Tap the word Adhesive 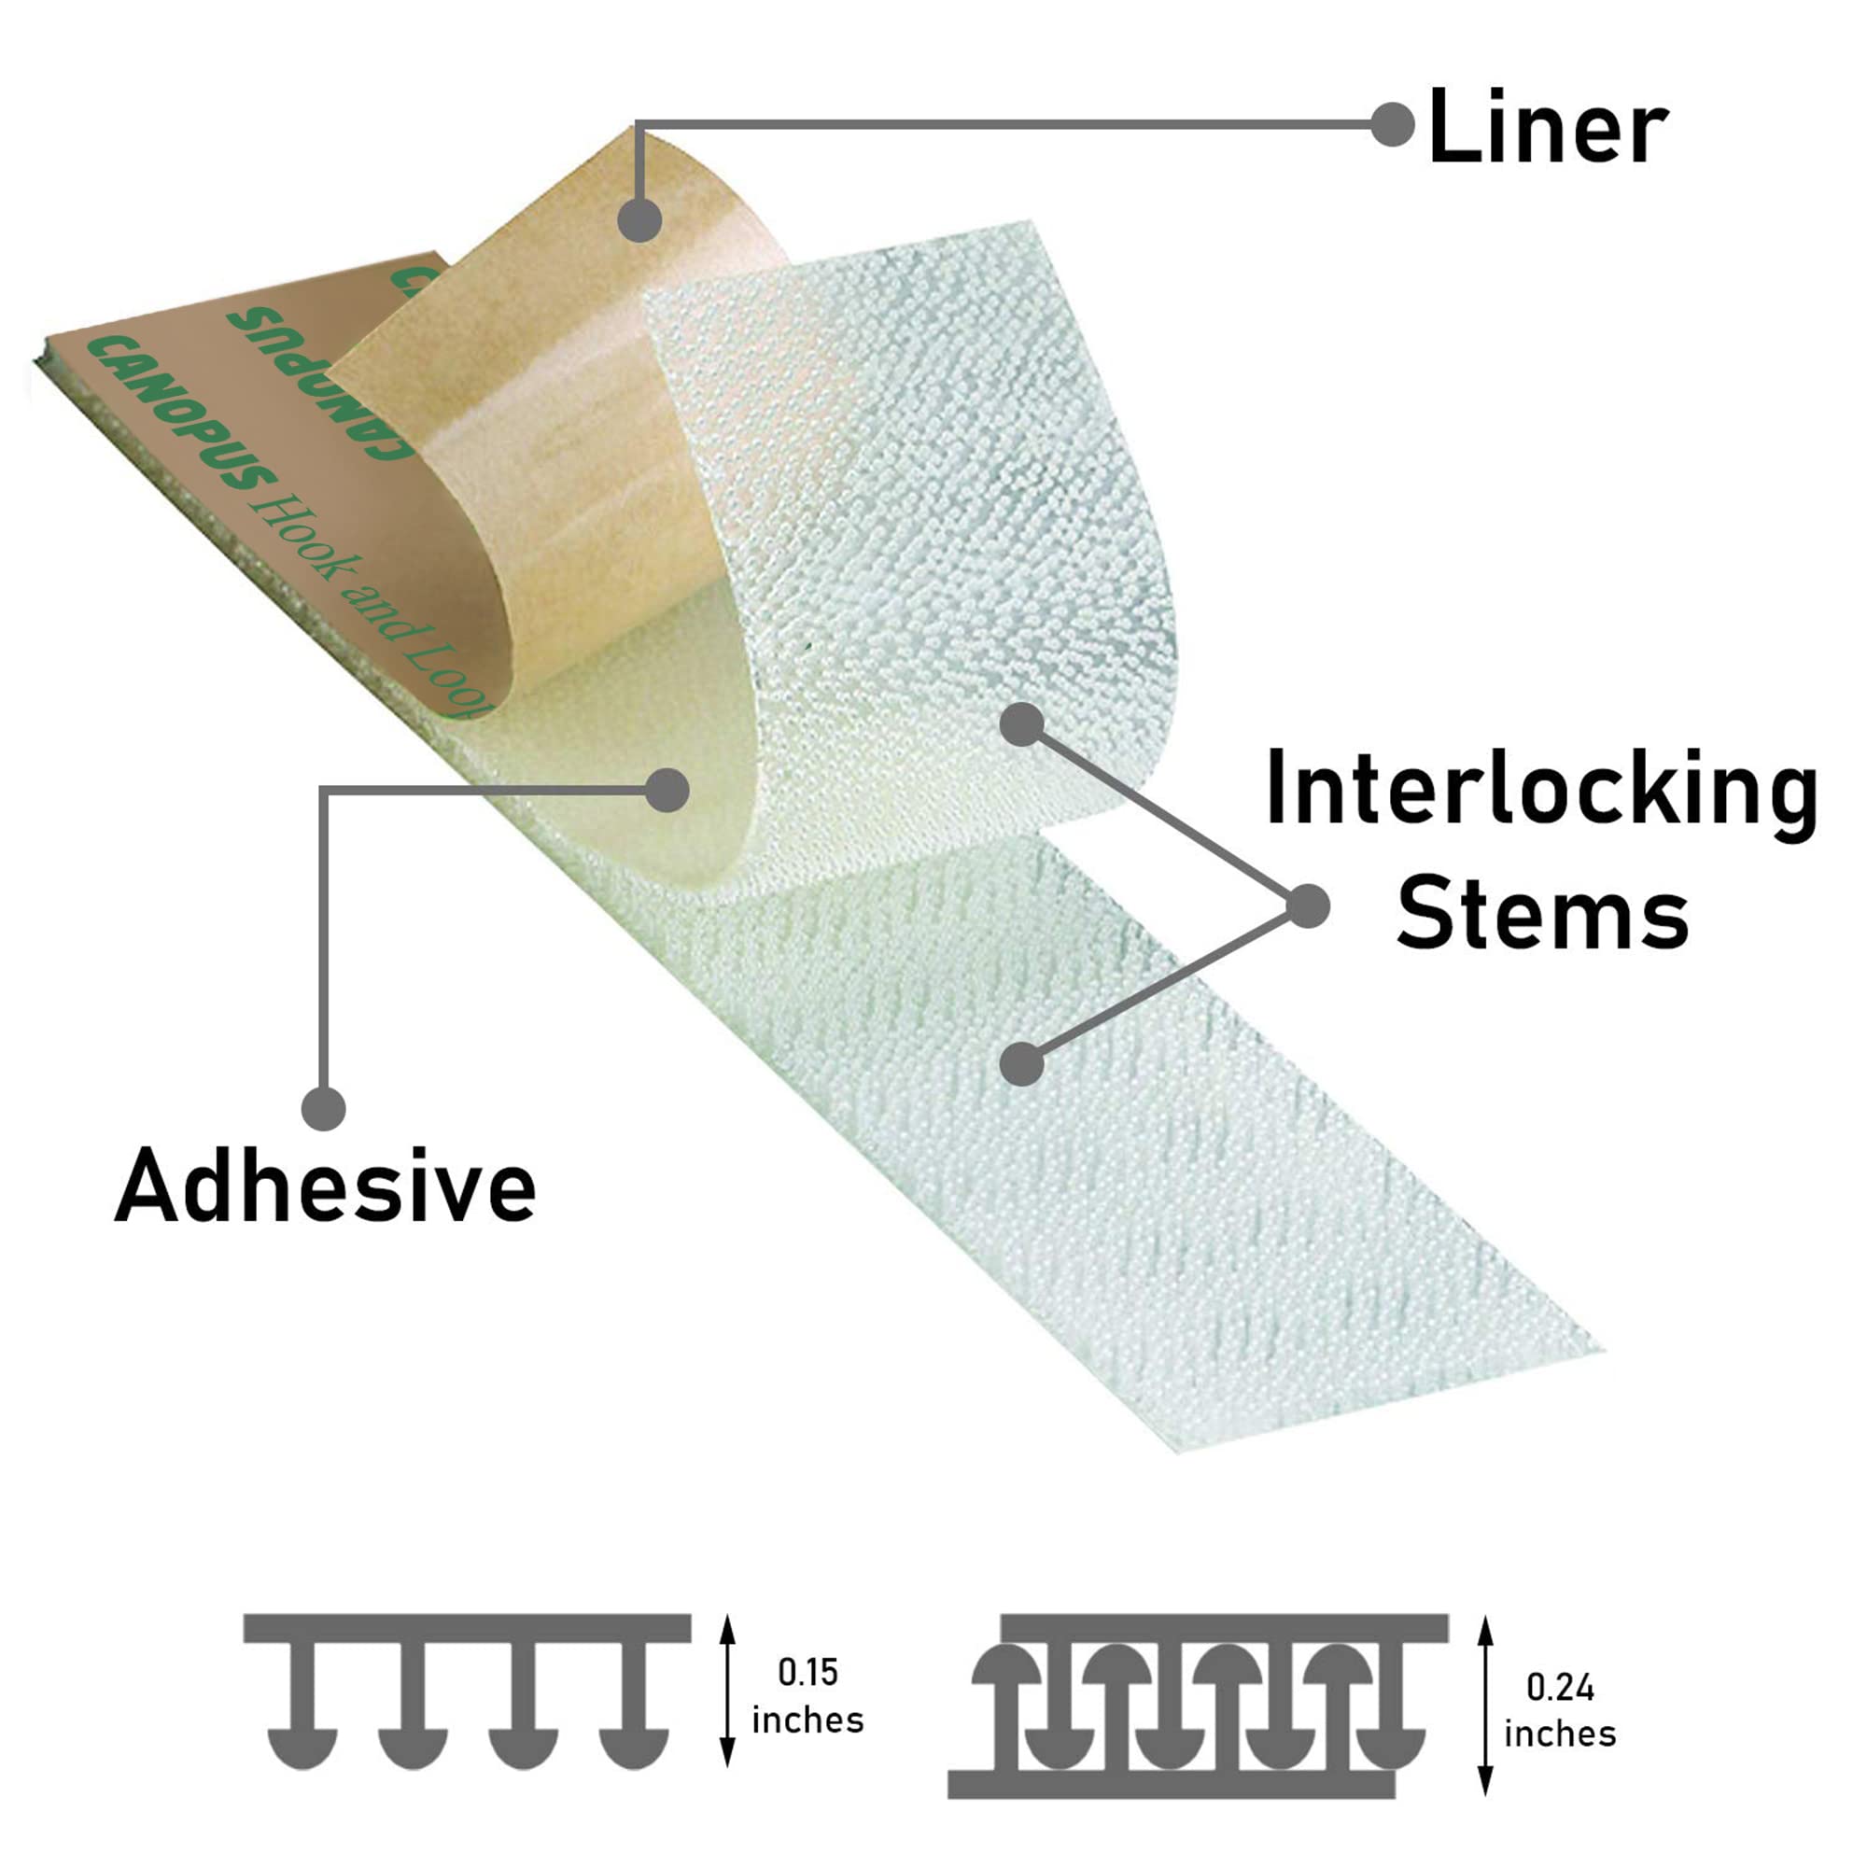click(x=325, y=1186)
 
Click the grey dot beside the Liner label click(x=1393, y=125)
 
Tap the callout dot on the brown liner click(x=639, y=220)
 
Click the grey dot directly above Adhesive click(x=324, y=1107)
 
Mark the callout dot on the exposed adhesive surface click(x=667, y=791)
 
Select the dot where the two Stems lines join click(x=1309, y=905)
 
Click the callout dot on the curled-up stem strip click(x=1021, y=723)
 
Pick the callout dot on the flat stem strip click(x=1021, y=1065)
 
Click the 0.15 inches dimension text click(x=807, y=1696)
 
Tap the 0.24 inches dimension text click(x=1560, y=1709)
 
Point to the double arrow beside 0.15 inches click(x=728, y=1692)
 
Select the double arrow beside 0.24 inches click(x=1486, y=1706)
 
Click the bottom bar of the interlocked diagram click(x=1172, y=1784)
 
